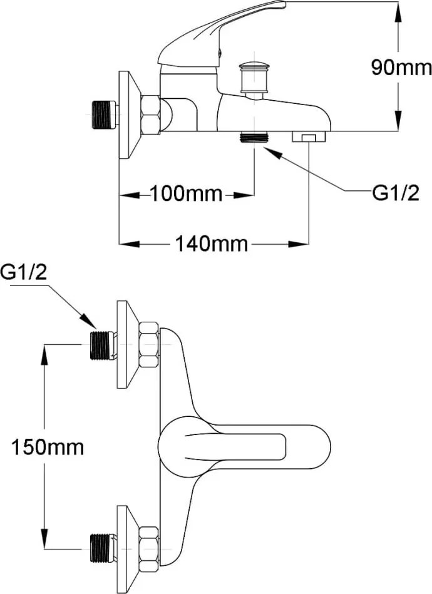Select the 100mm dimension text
click(185, 195)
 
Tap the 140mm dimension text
click(212, 243)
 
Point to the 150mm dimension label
click(47, 447)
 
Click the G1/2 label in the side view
click(395, 194)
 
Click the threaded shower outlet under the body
click(254, 137)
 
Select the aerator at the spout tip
click(309, 137)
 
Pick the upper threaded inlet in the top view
click(100, 345)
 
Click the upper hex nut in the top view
click(148, 344)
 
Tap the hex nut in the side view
click(150, 115)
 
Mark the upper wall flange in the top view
click(126, 344)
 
